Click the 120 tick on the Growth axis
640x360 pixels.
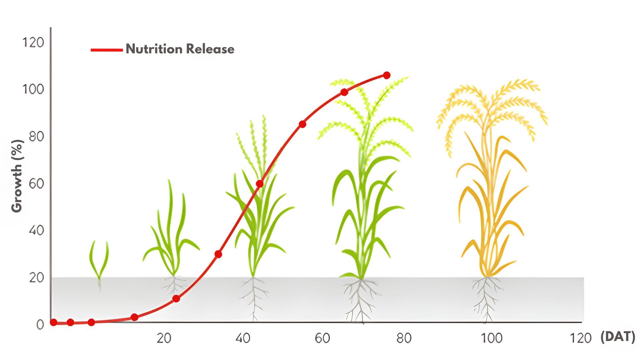(33, 43)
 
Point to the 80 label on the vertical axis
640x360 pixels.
(36, 136)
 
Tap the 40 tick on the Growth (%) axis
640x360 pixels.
(36, 230)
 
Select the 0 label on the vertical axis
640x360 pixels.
(40, 325)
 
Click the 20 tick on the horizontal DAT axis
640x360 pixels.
(164, 338)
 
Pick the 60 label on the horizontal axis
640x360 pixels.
(322, 338)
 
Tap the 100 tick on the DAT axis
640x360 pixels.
(492, 338)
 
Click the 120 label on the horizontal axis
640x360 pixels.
(581, 338)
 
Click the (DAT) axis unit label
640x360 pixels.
(618, 337)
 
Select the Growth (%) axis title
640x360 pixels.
(17, 176)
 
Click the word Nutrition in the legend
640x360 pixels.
(154, 49)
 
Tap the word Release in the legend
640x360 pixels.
(210, 49)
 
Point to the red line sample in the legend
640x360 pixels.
(107, 50)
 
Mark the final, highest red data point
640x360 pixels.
(387, 75)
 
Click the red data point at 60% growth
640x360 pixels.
(260, 184)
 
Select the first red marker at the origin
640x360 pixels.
(53, 322)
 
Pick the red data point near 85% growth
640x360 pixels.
(302, 124)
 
